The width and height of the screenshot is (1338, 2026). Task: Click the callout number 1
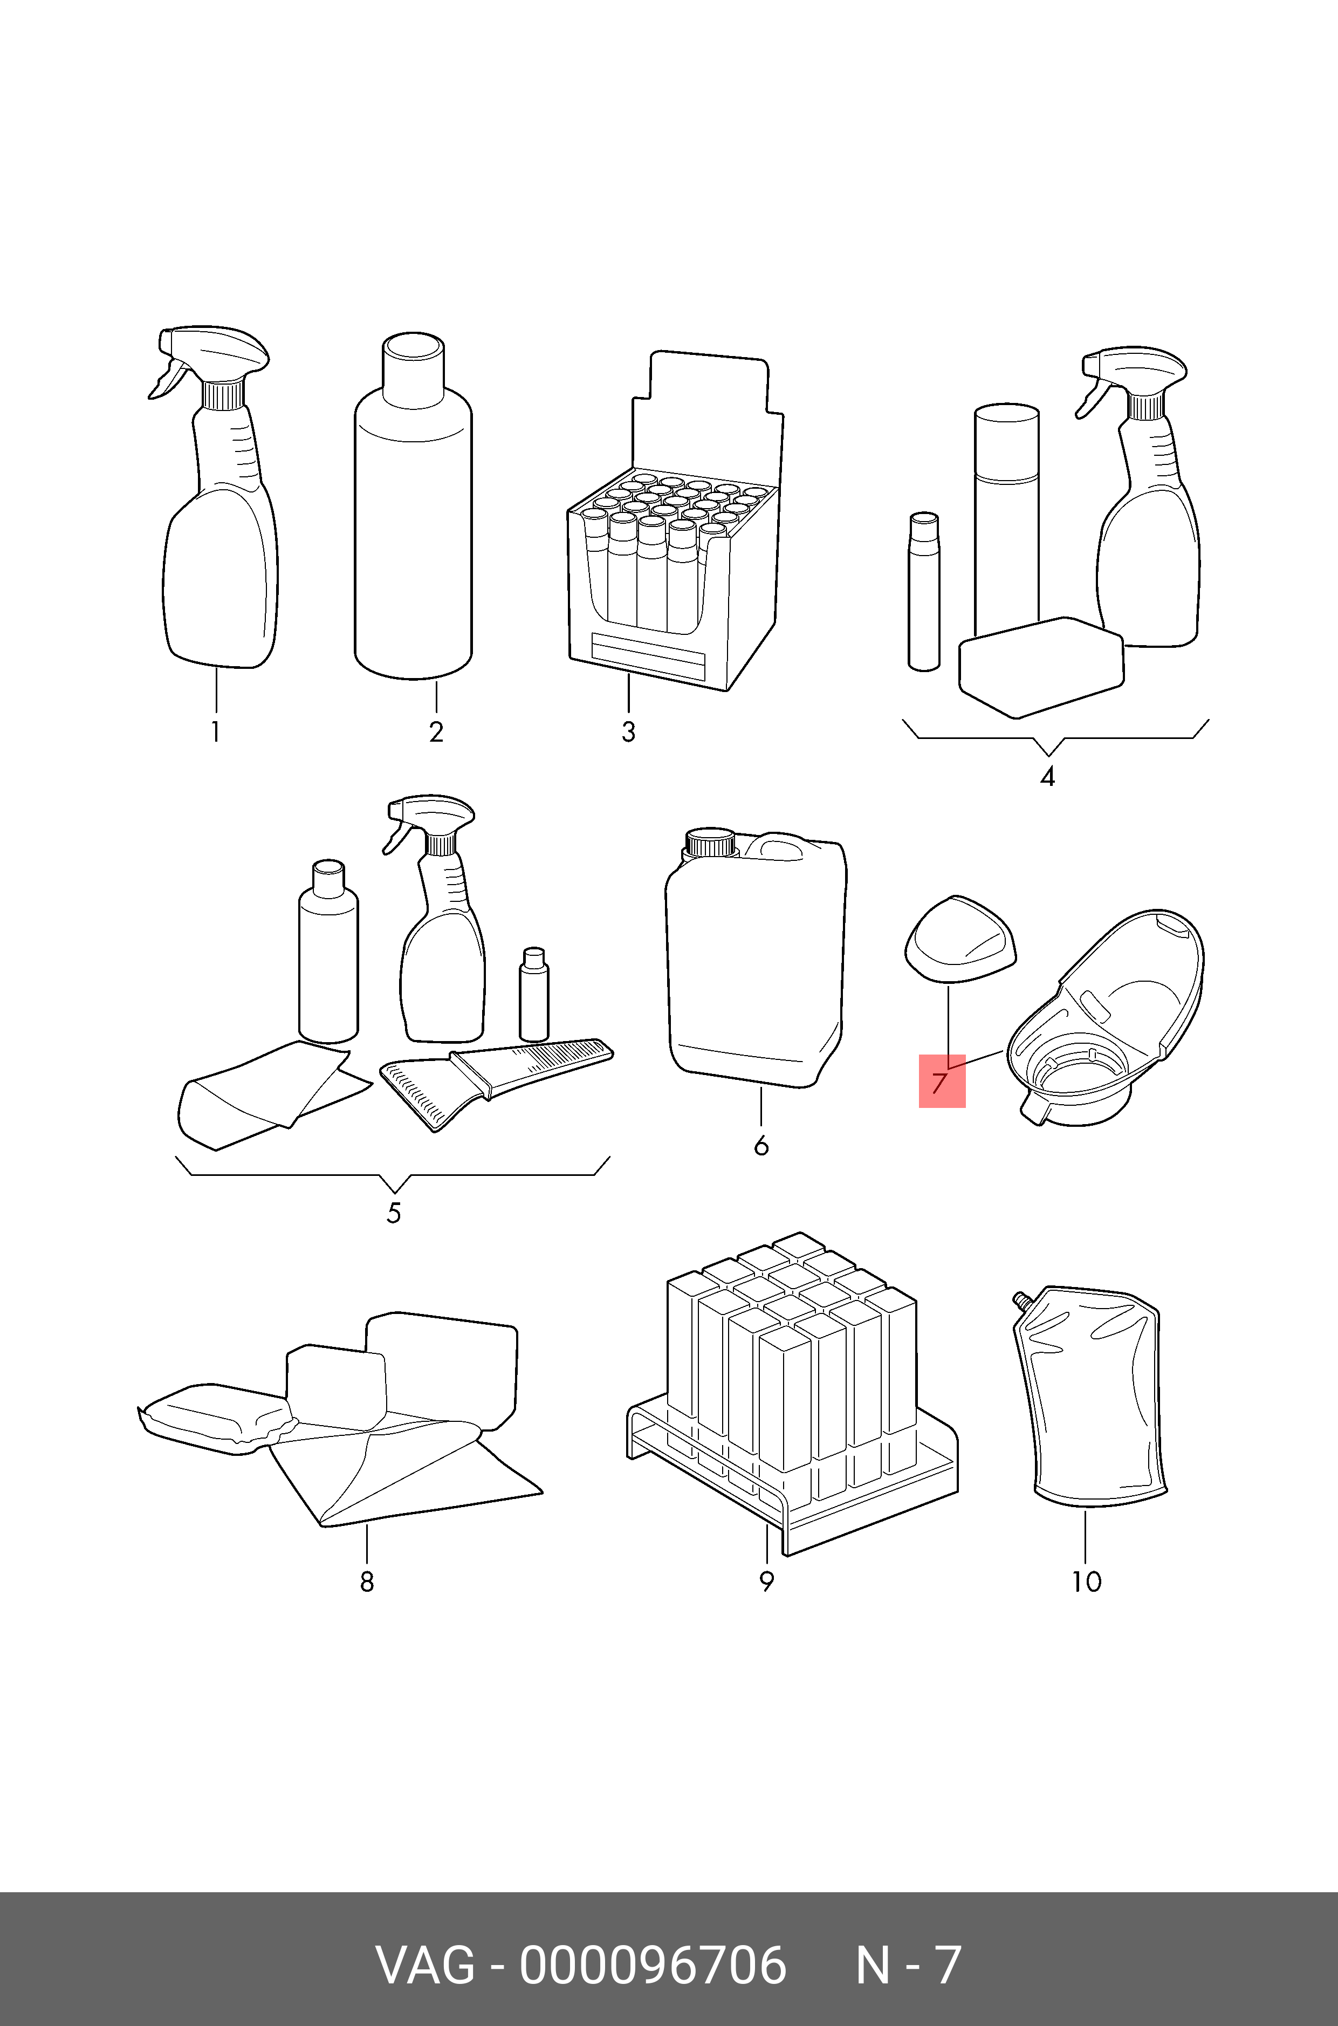pos(216,732)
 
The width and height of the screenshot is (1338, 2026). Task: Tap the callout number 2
pos(436,732)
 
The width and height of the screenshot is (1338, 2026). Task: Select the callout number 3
pos(628,732)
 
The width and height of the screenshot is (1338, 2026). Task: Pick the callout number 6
pos(761,1145)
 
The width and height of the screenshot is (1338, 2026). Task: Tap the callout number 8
pos(367,1582)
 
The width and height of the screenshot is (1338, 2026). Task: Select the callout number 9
pos(766,1582)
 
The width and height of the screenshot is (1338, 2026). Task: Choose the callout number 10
pos(1086,1582)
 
